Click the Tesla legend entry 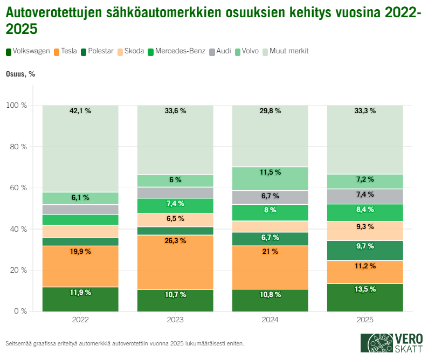65,51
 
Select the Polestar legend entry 97,51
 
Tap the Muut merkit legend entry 285,51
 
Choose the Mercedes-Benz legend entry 176,51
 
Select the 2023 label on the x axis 175,320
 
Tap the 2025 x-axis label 365,320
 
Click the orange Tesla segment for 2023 175,264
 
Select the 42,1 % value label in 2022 80,111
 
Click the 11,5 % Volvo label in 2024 270,172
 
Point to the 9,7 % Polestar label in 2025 365,246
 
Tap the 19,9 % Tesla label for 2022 80,252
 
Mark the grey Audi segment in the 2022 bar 80,210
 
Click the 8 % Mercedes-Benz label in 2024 270,210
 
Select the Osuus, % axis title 20,74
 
